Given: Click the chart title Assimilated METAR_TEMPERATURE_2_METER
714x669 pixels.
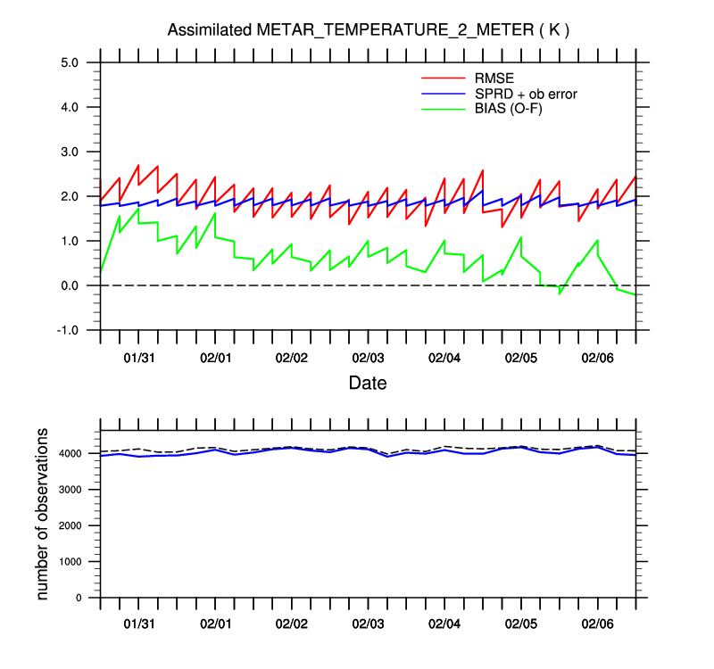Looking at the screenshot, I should pos(369,30).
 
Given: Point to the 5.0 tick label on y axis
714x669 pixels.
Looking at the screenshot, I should pos(71,62).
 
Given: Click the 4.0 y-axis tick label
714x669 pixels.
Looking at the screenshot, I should pos(71,107).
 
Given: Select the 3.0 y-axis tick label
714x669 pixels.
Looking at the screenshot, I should pos(71,152).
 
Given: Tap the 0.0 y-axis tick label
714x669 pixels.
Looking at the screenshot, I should pos(71,285).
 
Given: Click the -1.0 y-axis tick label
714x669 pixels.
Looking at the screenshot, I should pos(69,330).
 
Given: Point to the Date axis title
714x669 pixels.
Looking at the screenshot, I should pos(368,383).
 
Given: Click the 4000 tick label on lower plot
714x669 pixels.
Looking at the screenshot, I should pos(68,454).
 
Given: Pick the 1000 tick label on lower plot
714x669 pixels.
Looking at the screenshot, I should pos(68,562).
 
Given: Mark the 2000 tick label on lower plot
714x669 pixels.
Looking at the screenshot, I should pos(68,526).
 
